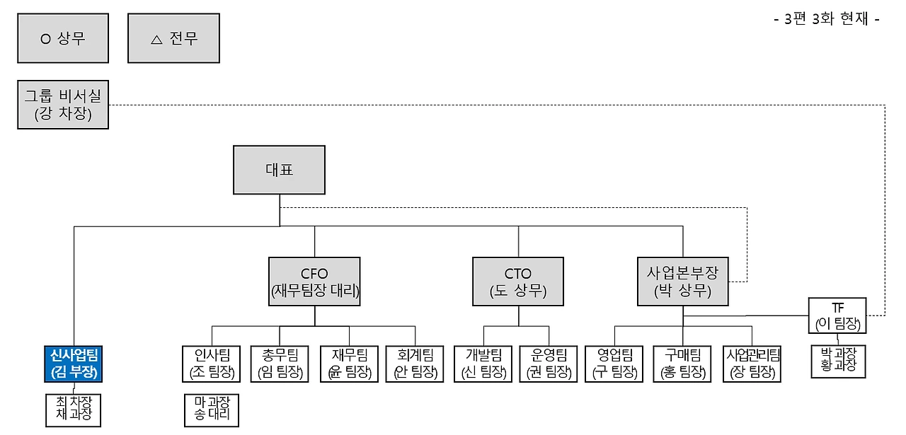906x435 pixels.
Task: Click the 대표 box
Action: pyautogui.click(x=280, y=170)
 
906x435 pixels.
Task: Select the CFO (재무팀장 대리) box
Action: pyautogui.click(x=315, y=282)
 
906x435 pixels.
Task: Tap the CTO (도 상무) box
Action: pyautogui.click(x=518, y=282)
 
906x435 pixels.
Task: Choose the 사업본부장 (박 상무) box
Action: pyautogui.click(x=682, y=282)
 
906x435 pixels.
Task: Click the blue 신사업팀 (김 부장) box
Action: pyautogui.click(x=74, y=364)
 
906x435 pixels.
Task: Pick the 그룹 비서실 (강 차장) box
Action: pyautogui.click(x=63, y=105)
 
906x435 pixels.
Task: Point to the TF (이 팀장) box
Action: pyautogui.click(x=837, y=316)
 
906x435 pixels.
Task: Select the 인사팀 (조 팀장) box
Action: pyautogui.click(x=211, y=364)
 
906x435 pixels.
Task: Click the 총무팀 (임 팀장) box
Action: pyautogui.click(x=280, y=364)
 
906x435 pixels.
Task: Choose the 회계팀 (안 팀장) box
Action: pyautogui.click(x=414, y=364)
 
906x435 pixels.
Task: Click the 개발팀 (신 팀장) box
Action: pyautogui.click(x=483, y=364)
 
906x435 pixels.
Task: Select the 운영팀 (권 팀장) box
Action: pyautogui.click(x=548, y=364)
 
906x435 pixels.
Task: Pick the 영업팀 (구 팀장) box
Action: pyautogui.click(x=614, y=364)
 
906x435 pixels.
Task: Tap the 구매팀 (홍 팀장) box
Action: pyautogui.click(x=682, y=364)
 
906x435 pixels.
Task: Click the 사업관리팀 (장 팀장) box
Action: pyautogui.click(x=752, y=364)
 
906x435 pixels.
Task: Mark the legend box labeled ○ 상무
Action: pyautogui.click(x=63, y=38)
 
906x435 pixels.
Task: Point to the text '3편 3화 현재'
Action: pyautogui.click(x=827, y=19)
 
